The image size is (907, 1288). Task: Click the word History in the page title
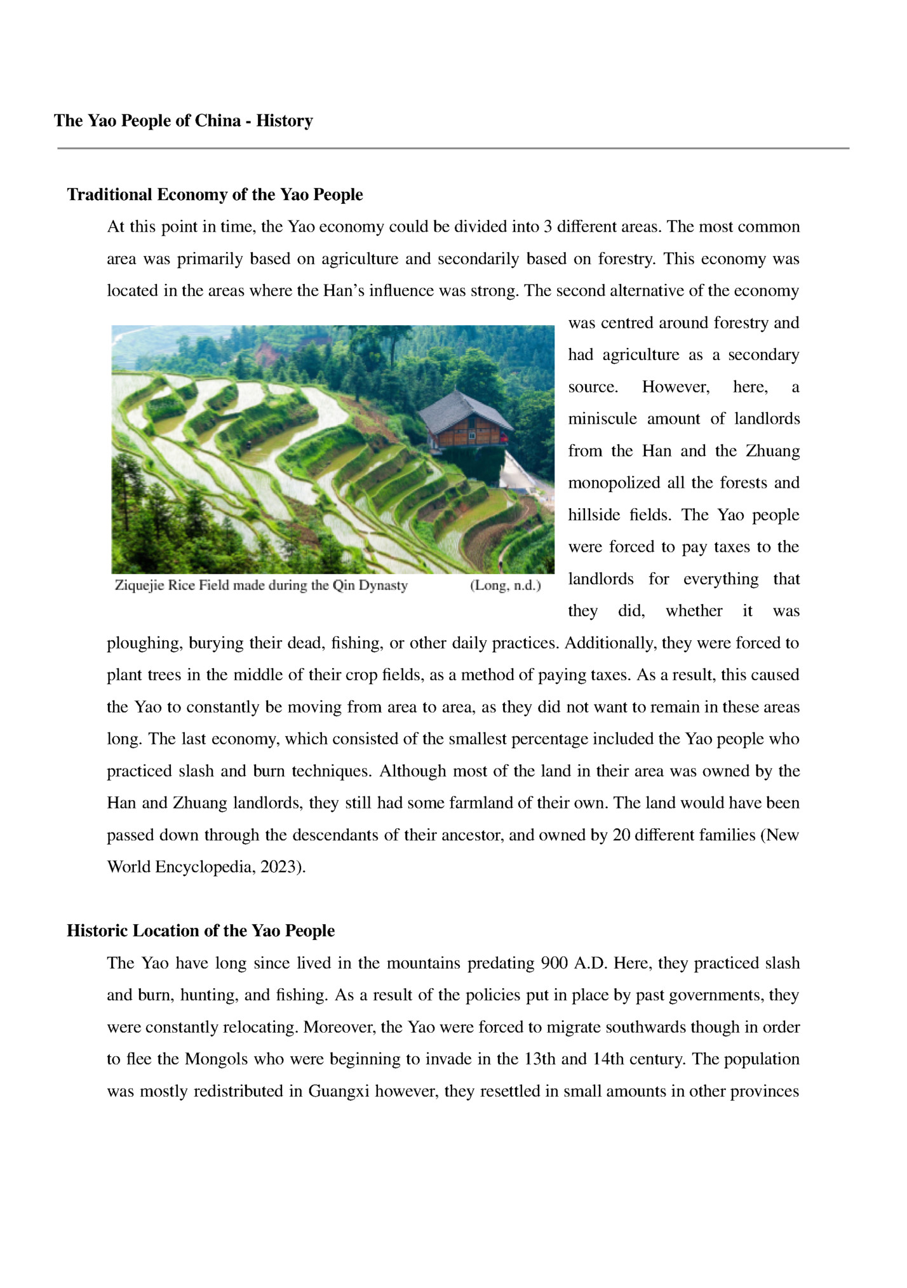click(x=284, y=121)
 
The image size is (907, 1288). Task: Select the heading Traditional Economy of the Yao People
click(x=215, y=194)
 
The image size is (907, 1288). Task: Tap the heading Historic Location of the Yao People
click(x=201, y=930)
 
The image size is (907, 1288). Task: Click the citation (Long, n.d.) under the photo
click(x=505, y=586)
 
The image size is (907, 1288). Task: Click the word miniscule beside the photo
click(x=602, y=419)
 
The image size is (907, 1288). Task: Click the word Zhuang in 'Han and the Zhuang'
click(x=772, y=451)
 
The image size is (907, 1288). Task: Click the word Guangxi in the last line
click(x=339, y=1091)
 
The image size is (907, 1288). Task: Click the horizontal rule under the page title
click(x=453, y=149)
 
